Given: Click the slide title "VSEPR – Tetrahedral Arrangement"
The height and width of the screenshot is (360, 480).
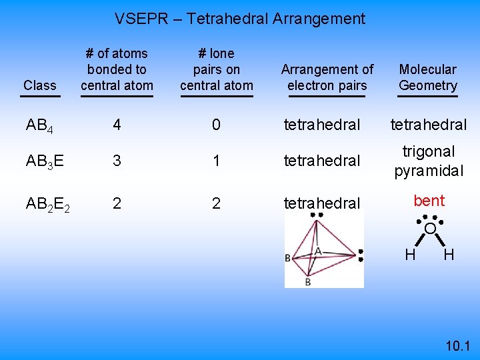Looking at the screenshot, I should (x=240, y=19).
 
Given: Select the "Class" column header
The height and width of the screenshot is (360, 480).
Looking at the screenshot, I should (x=39, y=85).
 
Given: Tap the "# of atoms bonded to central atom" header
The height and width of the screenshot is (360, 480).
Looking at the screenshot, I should (x=117, y=69).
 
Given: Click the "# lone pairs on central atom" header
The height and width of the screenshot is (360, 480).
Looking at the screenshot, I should (x=217, y=69).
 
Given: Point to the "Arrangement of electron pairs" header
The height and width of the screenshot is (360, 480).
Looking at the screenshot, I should (x=327, y=77).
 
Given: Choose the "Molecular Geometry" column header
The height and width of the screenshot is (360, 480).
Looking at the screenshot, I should (x=428, y=77).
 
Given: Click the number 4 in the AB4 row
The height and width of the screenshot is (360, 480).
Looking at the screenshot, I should (x=117, y=125).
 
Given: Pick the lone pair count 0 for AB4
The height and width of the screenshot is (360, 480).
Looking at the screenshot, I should (x=216, y=125).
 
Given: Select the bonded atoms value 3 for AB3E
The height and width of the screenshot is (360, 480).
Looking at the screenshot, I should (x=117, y=161).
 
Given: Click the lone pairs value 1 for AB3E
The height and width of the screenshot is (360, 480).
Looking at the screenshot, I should (x=216, y=161).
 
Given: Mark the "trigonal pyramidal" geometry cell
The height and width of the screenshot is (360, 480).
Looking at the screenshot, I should (x=429, y=161).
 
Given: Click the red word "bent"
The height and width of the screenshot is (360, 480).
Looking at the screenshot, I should (x=429, y=201).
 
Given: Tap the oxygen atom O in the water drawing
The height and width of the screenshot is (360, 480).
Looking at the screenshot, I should (x=431, y=229).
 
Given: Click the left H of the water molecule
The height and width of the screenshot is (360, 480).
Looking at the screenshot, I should (x=411, y=254).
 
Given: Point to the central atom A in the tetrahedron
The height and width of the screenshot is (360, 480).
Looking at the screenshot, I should (x=318, y=251).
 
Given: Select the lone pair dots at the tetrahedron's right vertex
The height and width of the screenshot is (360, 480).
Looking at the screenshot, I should (x=360, y=255).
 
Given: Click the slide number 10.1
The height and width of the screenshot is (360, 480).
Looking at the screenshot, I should (x=457, y=345).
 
